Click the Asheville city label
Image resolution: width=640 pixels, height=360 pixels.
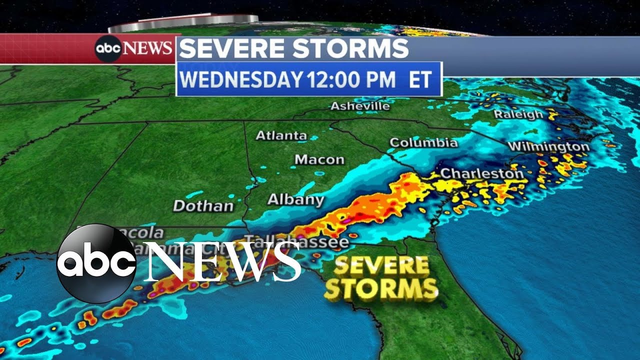[360, 106]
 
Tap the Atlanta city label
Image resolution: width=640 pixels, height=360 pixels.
[281, 135]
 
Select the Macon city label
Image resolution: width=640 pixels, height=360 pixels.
[319, 159]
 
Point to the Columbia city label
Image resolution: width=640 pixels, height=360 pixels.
[423, 142]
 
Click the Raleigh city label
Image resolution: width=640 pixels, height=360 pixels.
[518, 114]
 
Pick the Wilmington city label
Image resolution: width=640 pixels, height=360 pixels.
[548, 146]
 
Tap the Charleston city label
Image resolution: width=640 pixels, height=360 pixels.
[481, 173]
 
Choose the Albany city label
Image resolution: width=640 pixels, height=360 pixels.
[295, 199]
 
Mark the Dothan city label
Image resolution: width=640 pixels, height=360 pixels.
[203, 205]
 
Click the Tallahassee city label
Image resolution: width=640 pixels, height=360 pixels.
[298, 242]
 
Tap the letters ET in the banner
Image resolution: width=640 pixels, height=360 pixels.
[420, 80]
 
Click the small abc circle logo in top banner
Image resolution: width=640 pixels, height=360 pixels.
[108, 48]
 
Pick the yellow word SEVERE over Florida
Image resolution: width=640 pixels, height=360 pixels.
[381, 266]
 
